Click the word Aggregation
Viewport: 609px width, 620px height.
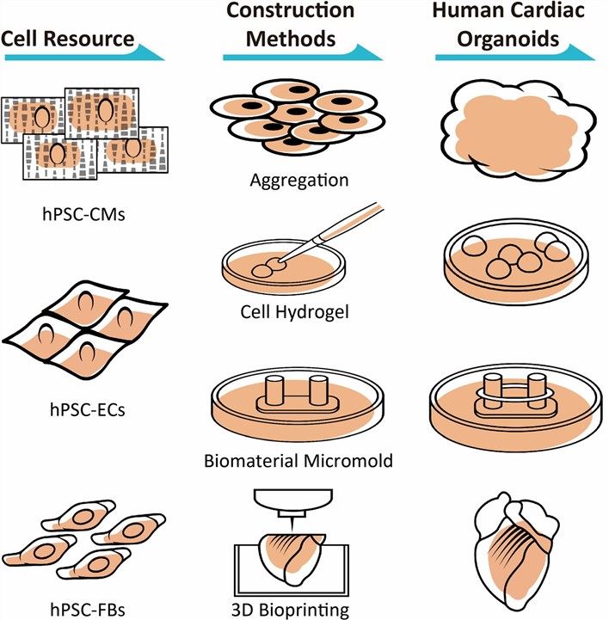point(298,181)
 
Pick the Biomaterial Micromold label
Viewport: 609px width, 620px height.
point(298,461)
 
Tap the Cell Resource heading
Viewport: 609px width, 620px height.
point(68,38)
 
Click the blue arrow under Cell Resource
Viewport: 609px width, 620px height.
point(83,56)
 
